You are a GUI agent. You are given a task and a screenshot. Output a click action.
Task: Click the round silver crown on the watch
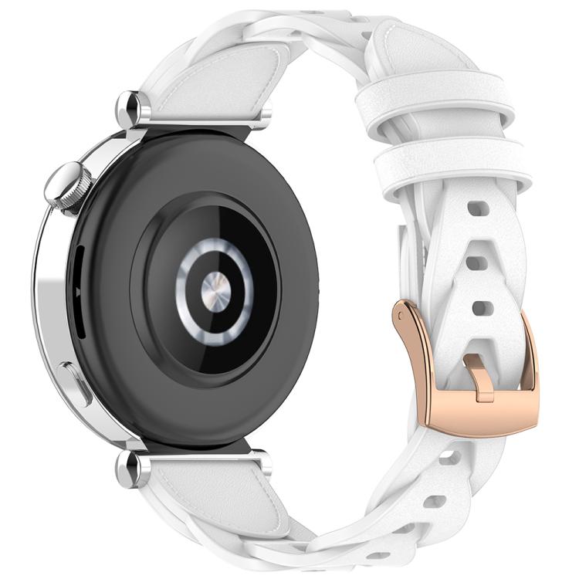pyautogui.click(x=68, y=188)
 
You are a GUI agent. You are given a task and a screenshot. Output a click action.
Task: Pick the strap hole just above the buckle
pyautogui.click(x=483, y=308)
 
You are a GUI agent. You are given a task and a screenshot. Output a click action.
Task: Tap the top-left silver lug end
pyautogui.click(x=129, y=105)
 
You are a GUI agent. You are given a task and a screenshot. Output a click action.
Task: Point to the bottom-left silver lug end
pyautogui.click(x=129, y=469)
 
